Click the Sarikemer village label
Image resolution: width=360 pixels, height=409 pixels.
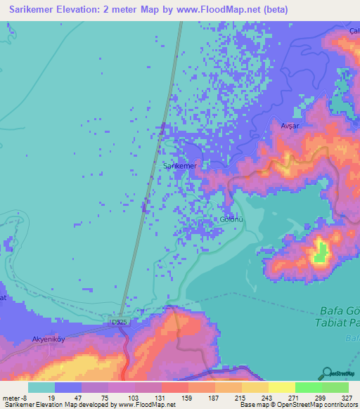[x=180, y=166]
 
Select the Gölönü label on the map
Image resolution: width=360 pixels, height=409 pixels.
[x=231, y=219]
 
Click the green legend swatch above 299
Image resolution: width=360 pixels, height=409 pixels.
[x=308, y=387]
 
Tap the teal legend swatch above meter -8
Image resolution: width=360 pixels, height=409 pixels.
[x=41, y=387]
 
